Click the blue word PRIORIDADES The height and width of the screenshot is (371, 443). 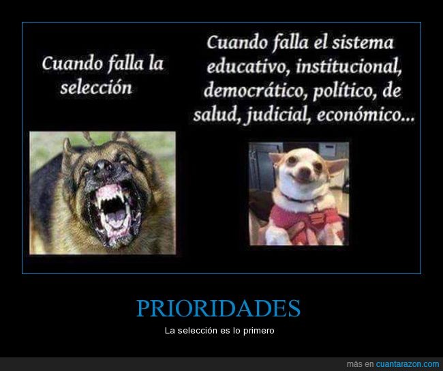click(x=218, y=308)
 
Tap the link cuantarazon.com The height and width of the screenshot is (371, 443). click(x=408, y=363)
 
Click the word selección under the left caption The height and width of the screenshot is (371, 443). click(x=96, y=87)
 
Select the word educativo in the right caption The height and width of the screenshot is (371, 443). click(x=248, y=67)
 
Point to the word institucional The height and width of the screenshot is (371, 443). click(x=349, y=67)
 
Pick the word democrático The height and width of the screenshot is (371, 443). click(x=255, y=91)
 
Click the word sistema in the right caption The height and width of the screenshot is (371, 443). click(x=363, y=43)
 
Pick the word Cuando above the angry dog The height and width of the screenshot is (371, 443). click(x=72, y=63)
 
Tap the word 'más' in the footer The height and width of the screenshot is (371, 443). click(x=354, y=363)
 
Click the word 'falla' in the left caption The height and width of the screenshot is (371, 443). click(x=126, y=63)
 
